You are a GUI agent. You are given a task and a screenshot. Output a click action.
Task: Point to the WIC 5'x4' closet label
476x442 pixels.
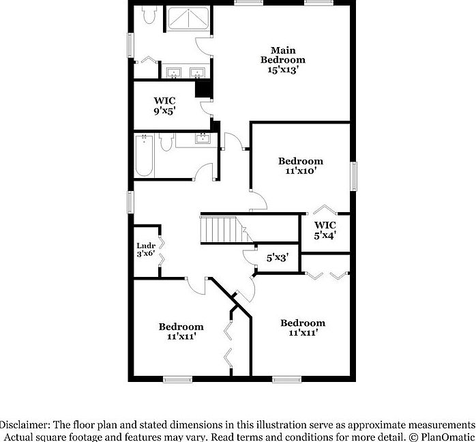tap(325, 230)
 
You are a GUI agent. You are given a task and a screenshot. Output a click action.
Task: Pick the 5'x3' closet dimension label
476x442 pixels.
tap(277, 258)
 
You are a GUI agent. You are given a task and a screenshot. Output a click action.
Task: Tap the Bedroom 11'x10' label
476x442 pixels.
tap(300, 166)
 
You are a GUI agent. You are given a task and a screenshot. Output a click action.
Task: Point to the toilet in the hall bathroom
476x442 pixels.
tap(165, 143)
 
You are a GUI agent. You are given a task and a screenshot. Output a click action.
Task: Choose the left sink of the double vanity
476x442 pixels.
tap(173, 72)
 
